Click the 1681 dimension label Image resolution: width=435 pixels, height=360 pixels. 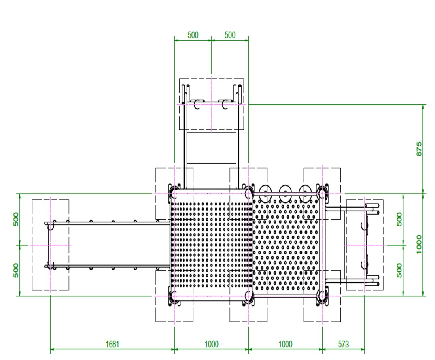tap(112, 344)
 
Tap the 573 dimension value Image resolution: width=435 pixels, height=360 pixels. tap(343, 344)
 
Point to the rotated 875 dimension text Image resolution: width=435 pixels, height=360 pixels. tap(419, 149)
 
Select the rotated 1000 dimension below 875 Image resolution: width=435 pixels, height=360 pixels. tap(419, 244)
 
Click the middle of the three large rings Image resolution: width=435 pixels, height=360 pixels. tap(286, 191)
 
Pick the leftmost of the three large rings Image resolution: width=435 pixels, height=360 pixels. tap(265, 191)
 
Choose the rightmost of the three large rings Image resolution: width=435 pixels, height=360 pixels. tap(305, 191)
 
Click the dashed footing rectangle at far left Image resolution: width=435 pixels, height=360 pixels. tap(32, 245)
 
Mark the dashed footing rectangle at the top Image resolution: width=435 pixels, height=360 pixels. tap(179, 104)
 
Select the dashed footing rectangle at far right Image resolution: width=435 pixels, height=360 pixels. tap(383, 245)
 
